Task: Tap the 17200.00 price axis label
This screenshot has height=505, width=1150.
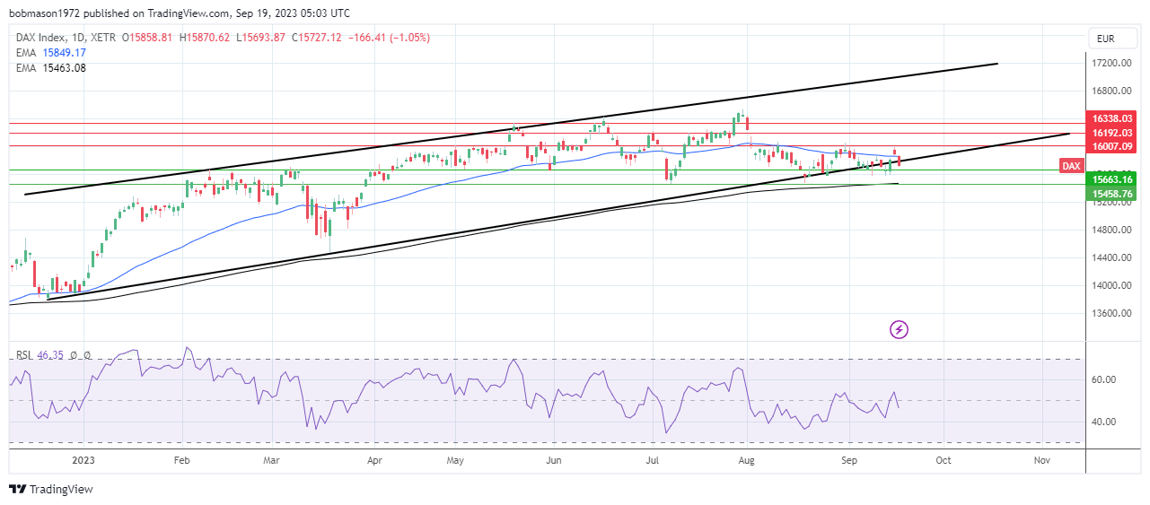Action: click(x=1110, y=63)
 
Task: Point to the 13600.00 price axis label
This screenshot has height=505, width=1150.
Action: click(x=1110, y=313)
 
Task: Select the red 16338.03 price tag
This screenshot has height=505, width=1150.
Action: click(x=1110, y=118)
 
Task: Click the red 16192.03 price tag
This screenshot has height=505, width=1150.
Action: click(x=1110, y=132)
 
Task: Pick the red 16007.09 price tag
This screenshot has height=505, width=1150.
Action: click(x=1110, y=145)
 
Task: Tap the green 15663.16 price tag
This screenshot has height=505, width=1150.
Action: click(x=1110, y=179)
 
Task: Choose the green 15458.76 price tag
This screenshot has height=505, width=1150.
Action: click(x=1110, y=193)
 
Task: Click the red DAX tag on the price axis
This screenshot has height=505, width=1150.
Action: click(x=1071, y=166)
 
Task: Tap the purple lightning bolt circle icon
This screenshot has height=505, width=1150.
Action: click(x=899, y=329)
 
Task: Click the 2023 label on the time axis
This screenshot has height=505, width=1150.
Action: click(x=83, y=459)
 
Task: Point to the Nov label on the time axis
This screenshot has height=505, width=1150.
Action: click(x=1041, y=459)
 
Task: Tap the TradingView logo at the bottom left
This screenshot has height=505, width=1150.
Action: click(x=51, y=489)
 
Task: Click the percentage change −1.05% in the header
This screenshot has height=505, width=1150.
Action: click(x=408, y=38)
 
